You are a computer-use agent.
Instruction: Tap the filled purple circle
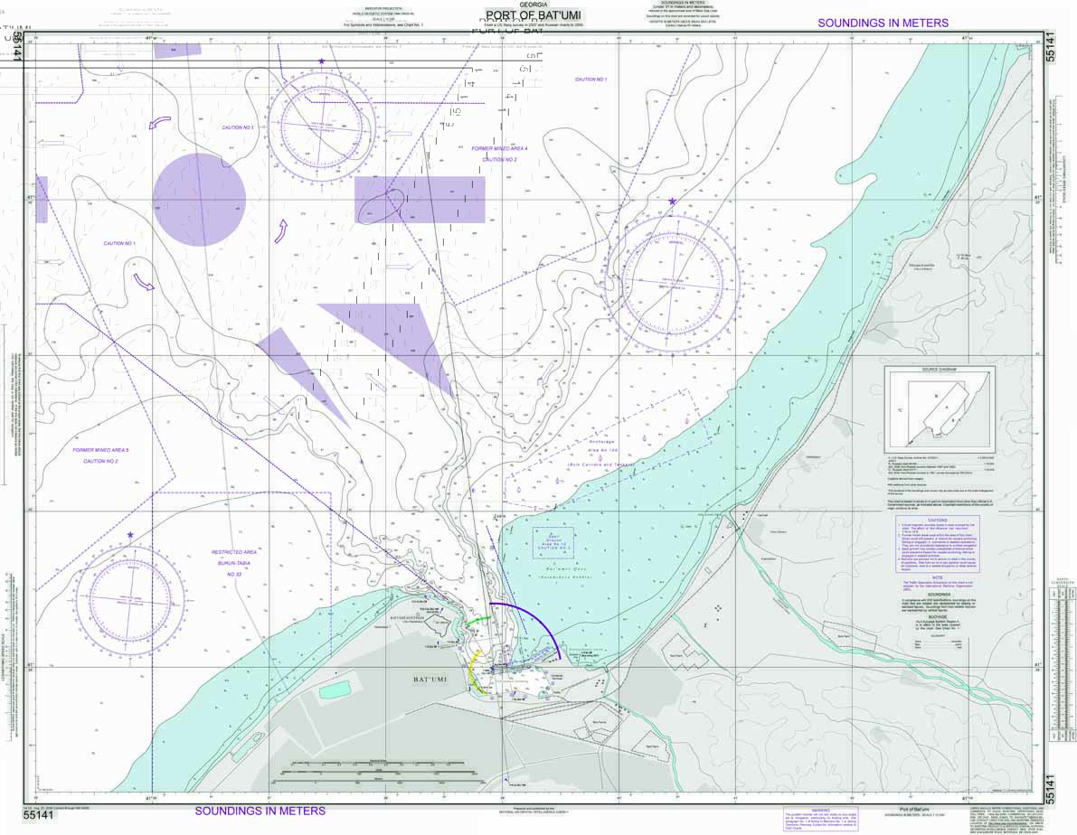click(199, 200)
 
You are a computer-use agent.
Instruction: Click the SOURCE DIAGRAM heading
click(939, 371)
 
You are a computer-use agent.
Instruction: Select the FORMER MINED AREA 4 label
click(499, 148)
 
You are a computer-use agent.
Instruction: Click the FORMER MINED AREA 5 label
click(101, 450)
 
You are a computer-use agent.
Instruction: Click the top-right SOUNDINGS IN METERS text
click(883, 23)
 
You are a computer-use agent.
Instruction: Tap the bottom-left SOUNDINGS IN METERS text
click(260, 811)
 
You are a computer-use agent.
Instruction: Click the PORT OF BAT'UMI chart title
click(533, 15)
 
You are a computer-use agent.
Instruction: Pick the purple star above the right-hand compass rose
click(672, 201)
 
